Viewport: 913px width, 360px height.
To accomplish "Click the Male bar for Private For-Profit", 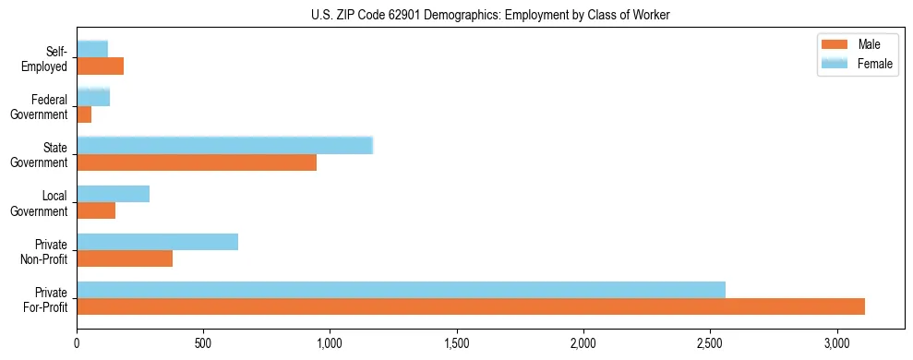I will pyautogui.click(x=471, y=306).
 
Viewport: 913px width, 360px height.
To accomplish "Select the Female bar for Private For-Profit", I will pyautogui.click(x=401, y=289).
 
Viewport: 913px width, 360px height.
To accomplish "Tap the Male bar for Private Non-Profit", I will pyautogui.click(x=125, y=258).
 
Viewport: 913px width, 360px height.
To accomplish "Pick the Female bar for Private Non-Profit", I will pyautogui.click(x=158, y=242).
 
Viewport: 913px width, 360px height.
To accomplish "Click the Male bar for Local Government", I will pyautogui.click(x=96, y=210).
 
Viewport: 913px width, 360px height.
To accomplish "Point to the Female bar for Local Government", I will pyautogui.click(x=113, y=194).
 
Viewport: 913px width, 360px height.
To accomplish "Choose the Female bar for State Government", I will pyautogui.click(x=224, y=145).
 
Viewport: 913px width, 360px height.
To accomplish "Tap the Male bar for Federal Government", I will pyautogui.click(x=84, y=114).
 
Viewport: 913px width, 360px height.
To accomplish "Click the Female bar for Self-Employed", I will pyautogui.click(x=92, y=49).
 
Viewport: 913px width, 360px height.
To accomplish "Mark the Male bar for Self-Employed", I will pyautogui.click(x=100, y=66).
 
